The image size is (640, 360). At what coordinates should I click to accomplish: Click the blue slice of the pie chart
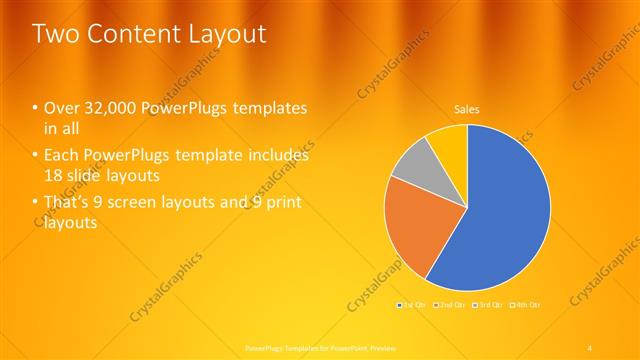(500, 210)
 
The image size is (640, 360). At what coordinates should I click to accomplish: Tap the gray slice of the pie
(420, 165)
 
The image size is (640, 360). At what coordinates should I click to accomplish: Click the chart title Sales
(466, 109)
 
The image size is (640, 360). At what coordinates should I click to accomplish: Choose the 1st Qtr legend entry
(411, 304)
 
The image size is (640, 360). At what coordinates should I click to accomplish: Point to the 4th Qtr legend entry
(525, 304)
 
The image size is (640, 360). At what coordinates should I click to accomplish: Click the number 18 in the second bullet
(55, 176)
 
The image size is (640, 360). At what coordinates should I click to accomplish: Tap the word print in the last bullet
(281, 204)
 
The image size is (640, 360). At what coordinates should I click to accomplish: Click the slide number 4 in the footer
(590, 347)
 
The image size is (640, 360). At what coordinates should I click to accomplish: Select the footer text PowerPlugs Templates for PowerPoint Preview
(320, 347)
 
